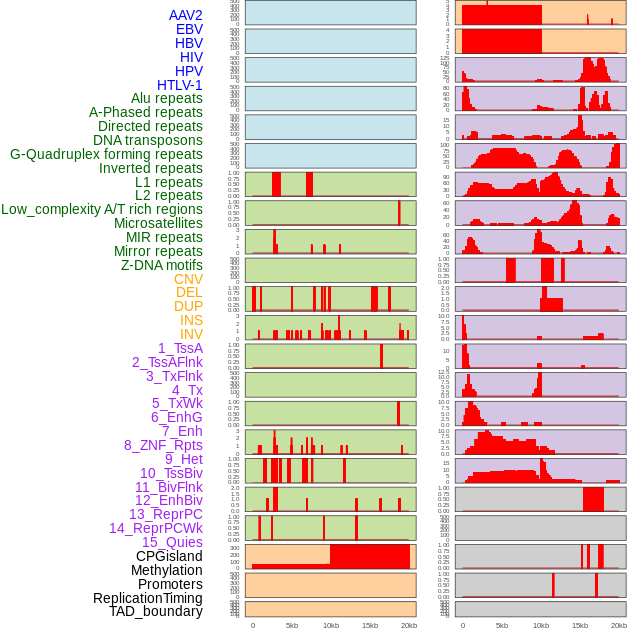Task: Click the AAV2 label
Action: pyautogui.click(x=186, y=15)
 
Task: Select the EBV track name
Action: pyautogui.click(x=189, y=29)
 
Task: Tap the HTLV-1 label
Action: pyautogui.click(x=180, y=85)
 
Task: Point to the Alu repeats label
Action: pyautogui.click(x=167, y=98)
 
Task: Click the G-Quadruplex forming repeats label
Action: pyautogui.click(x=106, y=154)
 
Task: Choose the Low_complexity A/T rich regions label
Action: pyautogui.click(x=102, y=209)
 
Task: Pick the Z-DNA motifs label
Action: pyautogui.click(x=162, y=265)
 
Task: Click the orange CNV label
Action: pyautogui.click(x=188, y=279)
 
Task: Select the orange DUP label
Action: pyautogui.click(x=188, y=306)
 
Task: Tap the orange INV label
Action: pyautogui.click(x=191, y=334)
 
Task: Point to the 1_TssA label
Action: pyautogui.click(x=180, y=348)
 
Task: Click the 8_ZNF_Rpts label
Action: pyautogui.click(x=163, y=445)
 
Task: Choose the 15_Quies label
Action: pyautogui.click(x=172, y=542)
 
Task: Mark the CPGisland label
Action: pyautogui.click(x=169, y=556)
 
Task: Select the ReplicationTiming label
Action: pyautogui.click(x=148, y=598)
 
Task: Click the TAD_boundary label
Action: pyautogui.click(x=156, y=611)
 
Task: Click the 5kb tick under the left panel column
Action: pyautogui.click(x=292, y=625)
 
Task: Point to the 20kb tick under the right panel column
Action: pyautogui.click(x=619, y=625)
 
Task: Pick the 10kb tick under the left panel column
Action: pyautogui.click(x=331, y=625)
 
